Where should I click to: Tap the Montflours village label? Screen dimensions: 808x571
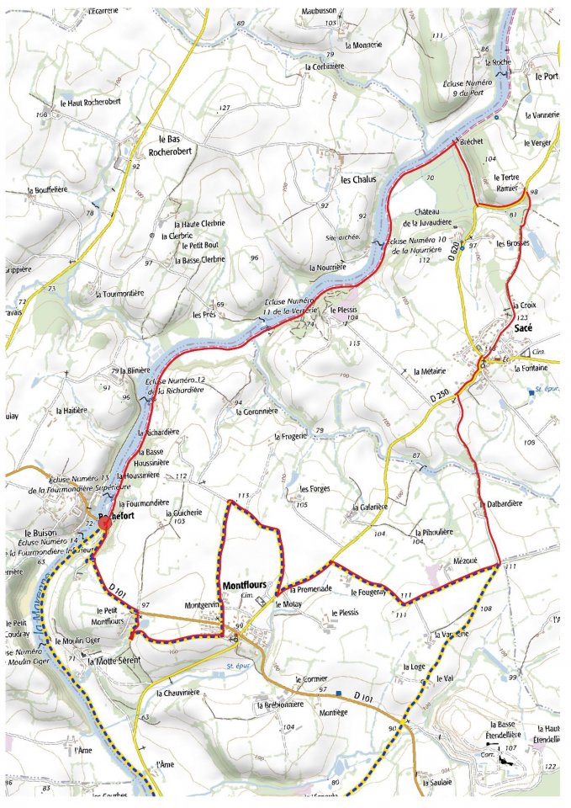pyautogui.click(x=246, y=583)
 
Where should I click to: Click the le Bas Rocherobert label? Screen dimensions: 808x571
pyautogui.click(x=179, y=146)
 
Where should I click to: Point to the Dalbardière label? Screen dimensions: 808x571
pyautogui.click(x=505, y=503)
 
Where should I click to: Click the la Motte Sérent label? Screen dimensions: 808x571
pyautogui.click(x=114, y=661)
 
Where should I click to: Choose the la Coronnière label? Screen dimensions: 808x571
pyautogui.click(x=256, y=412)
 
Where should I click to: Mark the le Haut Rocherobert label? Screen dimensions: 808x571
pyautogui.click(x=92, y=103)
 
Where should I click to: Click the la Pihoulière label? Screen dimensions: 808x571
pyautogui.click(x=434, y=532)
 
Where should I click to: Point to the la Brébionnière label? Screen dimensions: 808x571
pyautogui.click(x=280, y=704)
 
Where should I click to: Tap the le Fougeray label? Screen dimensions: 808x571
pyautogui.click(x=368, y=592)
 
